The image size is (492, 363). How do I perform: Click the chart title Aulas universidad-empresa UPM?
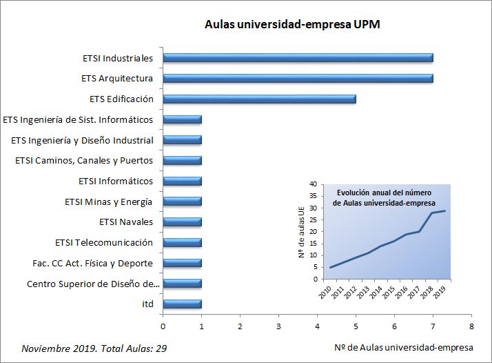(x=293, y=25)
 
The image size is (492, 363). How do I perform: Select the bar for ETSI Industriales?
(x=298, y=58)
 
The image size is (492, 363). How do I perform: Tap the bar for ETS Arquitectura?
(x=298, y=79)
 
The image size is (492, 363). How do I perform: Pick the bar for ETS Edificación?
(x=259, y=99)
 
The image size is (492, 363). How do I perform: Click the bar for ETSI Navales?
(x=182, y=222)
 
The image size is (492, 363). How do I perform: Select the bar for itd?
(x=182, y=304)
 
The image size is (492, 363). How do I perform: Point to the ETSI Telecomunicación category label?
(x=104, y=243)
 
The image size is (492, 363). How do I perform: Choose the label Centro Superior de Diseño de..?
(x=93, y=284)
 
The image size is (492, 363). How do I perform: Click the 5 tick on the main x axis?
(x=356, y=326)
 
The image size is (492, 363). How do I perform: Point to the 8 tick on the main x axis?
(x=471, y=326)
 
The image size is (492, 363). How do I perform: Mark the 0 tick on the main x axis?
(x=163, y=326)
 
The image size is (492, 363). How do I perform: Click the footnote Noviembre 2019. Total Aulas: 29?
(x=94, y=349)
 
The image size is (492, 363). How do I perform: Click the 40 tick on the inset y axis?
(x=313, y=184)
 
